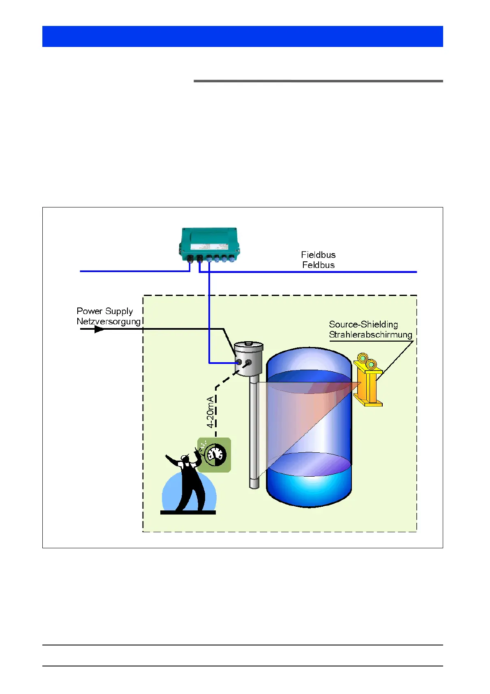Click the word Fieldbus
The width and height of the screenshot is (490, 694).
(x=318, y=255)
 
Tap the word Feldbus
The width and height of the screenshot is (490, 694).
(x=318, y=265)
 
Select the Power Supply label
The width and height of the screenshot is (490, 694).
(x=105, y=311)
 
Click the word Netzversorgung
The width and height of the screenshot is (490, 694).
(x=109, y=321)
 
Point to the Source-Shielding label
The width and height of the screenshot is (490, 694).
(x=363, y=324)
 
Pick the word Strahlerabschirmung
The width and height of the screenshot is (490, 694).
(x=370, y=335)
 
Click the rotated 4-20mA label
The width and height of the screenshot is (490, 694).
(x=210, y=412)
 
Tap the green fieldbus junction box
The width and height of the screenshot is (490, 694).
(x=209, y=242)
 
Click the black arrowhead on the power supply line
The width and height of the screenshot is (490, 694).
(x=99, y=329)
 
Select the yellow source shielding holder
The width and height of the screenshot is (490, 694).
(x=368, y=385)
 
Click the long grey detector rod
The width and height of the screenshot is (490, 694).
(x=254, y=432)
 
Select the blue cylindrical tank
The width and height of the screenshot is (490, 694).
(x=309, y=428)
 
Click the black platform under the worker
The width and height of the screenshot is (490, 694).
(x=188, y=512)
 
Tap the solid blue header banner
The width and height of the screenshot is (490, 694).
(x=243, y=36)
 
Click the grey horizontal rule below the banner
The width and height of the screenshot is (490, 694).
(x=318, y=81)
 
